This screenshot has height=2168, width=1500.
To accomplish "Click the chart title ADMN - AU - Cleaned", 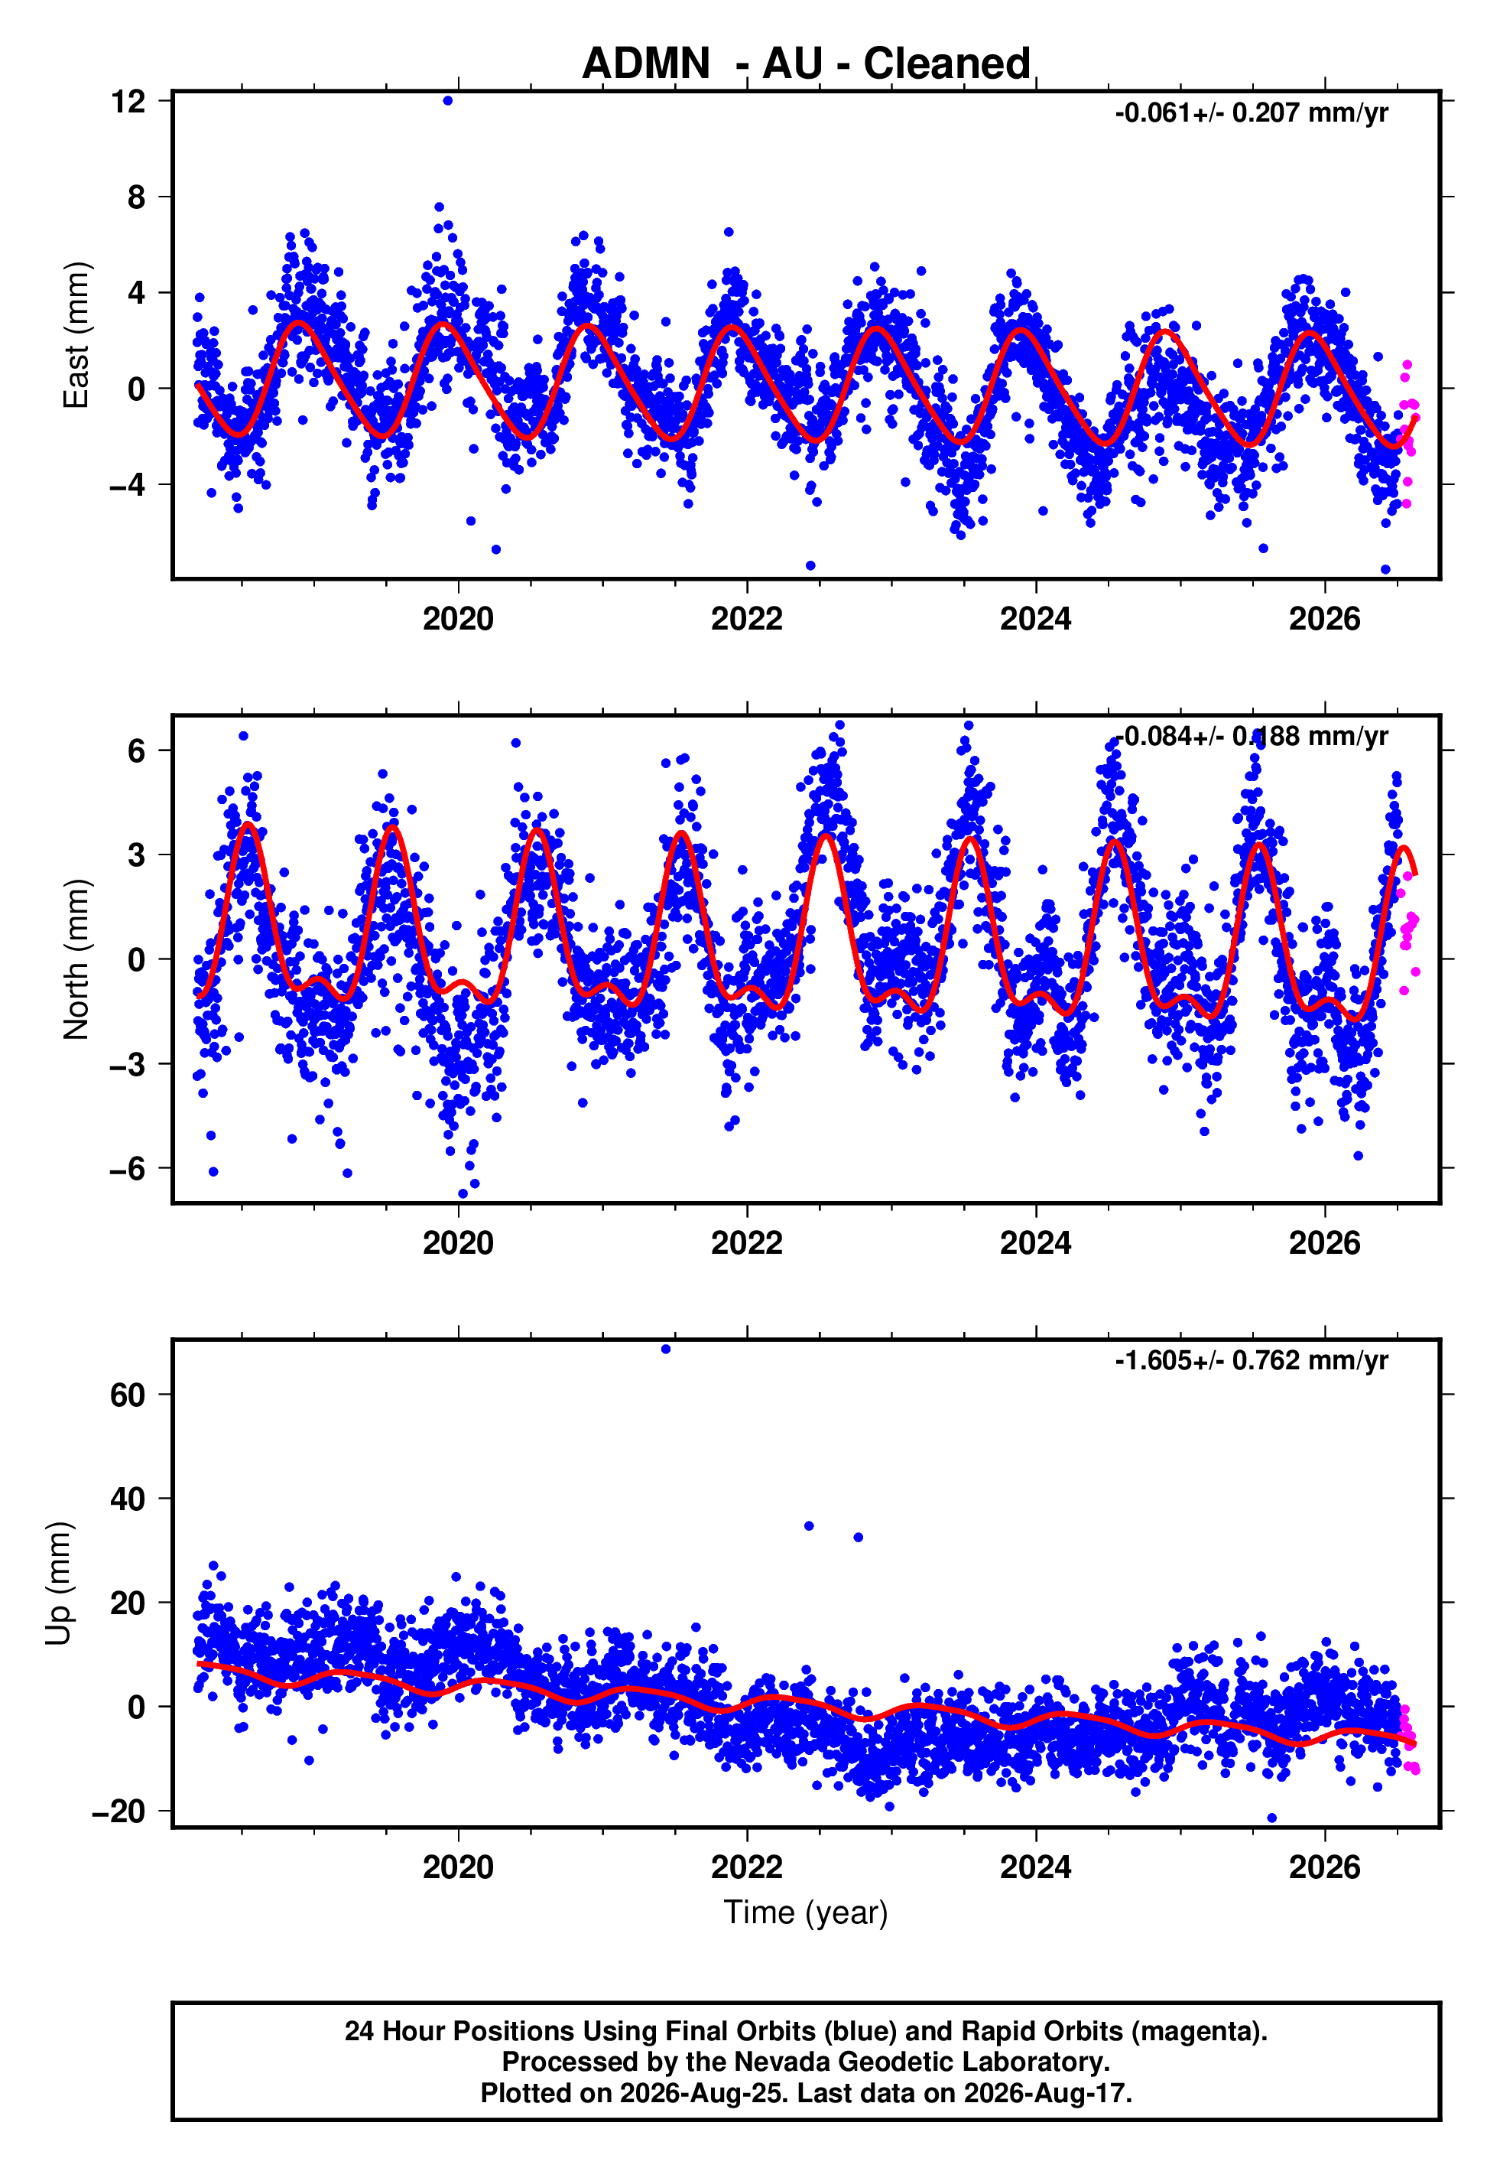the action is [x=807, y=64].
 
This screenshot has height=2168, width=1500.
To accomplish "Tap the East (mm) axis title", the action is [x=76, y=336].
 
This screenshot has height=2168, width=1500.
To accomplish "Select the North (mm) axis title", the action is [x=76, y=959].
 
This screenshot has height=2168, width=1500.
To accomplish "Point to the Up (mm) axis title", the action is [x=58, y=1584].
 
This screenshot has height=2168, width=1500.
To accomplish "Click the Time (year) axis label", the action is [x=806, y=1912].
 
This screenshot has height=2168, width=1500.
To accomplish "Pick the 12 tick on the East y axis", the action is [x=128, y=102].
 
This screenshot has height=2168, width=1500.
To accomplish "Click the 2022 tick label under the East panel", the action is [x=746, y=619].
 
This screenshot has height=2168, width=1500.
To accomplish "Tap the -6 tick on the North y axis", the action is [x=128, y=1169].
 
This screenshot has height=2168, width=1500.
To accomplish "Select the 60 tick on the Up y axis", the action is [x=128, y=1395].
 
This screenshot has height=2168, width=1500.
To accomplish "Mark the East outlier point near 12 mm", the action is [x=448, y=100].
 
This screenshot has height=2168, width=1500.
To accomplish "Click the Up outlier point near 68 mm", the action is [x=665, y=1349].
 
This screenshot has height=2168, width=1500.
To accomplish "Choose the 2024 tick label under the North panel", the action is [x=1036, y=1243].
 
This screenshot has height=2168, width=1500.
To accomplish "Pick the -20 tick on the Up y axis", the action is [x=119, y=1812].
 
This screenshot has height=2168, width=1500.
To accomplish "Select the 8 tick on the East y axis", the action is [x=137, y=197].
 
